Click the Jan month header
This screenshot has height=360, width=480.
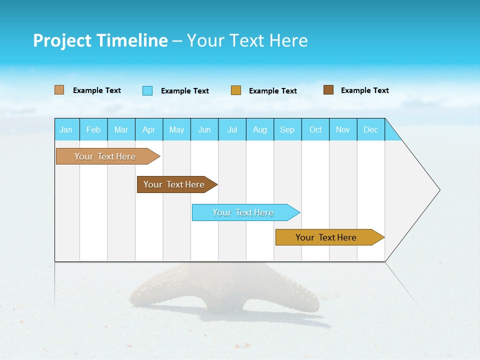66,130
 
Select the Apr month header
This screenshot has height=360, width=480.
148,130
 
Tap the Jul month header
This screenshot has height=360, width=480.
232,130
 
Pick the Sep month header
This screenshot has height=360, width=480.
287,130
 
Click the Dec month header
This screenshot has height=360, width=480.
370,130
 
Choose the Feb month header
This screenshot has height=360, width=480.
93,130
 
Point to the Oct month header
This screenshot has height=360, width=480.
315,130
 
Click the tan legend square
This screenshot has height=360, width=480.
59,90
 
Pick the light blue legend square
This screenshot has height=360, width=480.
147,90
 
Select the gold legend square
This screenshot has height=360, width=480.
236,90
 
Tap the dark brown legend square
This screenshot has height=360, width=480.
328,90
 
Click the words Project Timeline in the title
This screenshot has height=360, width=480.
100,40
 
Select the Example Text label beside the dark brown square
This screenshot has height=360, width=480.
364,90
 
